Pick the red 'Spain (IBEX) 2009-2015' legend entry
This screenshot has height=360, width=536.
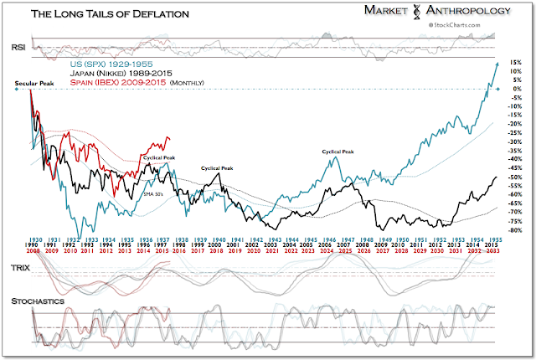point(109,83)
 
